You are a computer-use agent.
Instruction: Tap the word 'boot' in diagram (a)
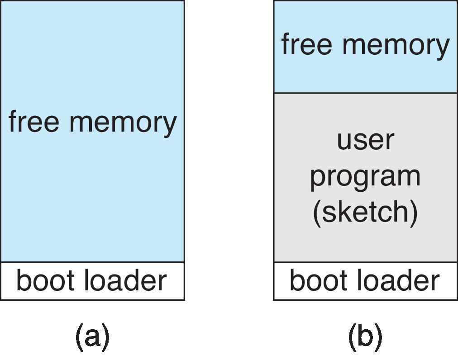coord(44,280)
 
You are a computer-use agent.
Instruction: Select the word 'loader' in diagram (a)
coord(125,280)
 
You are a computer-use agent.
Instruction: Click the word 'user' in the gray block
coord(365,140)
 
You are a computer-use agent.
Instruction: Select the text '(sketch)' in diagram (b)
coord(365,212)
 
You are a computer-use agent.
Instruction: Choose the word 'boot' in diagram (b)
coord(317,280)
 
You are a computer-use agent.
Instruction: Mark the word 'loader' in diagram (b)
coord(398,280)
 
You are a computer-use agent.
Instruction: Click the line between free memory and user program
coord(365,93)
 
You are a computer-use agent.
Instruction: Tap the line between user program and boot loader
coord(365,262)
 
